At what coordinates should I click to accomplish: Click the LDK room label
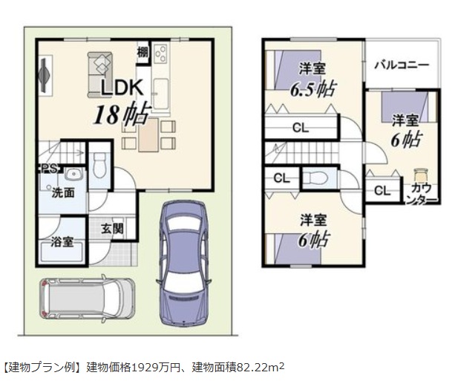tap(122, 88)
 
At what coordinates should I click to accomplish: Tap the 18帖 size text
tap(122, 114)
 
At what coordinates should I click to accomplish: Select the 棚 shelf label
tap(143, 53)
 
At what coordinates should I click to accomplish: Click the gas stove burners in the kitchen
tap(161, 53)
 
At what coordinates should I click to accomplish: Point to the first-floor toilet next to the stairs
tap(99, 165)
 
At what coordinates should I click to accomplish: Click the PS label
tap(50, 169)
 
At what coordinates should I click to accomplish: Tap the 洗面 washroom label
tap(63, 193)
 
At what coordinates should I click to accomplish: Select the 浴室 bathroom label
tap(62, 242)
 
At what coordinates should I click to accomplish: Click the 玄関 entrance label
tap(112, 229)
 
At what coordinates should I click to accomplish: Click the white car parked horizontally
tap(87, 299)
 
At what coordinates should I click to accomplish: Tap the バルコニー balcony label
tap(402, 65)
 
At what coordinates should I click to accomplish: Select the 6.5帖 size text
tap(313, 89)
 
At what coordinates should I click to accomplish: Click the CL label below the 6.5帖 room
tap(301, 128)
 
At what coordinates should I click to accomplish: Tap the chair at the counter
tap(421, 175)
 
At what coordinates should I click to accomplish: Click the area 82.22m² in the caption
tap(260, 368)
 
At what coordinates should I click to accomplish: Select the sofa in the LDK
tap(100, 75)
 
